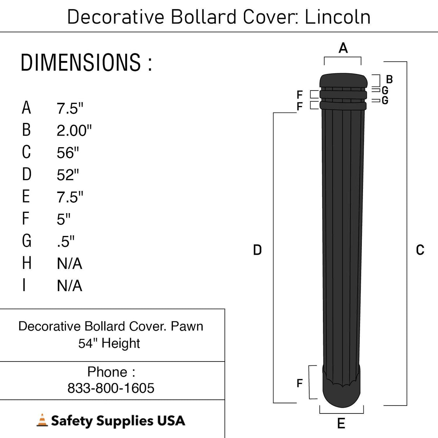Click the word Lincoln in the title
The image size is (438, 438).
coord(337,17)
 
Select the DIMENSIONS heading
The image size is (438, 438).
coord(86,62)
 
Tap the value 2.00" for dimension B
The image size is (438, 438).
coord(74,130)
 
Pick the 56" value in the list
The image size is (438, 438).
coord(67,153)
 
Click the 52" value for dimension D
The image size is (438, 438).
coord(67,175)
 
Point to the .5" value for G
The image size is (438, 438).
coord(65,241)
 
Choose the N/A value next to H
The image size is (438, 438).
coord(69,264)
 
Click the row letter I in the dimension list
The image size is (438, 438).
coord(24,285)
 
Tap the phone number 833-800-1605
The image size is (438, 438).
coord(111,388)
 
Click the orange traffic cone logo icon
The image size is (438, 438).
coord(42,421)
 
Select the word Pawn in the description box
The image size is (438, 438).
coord(187,326)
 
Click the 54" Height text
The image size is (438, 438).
coord(109,343)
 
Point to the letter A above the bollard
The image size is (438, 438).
coord(343,48)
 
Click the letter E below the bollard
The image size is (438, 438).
coord(341,423)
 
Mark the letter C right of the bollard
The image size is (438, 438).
coord(420,250)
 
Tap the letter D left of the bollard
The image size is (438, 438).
coord(257,250)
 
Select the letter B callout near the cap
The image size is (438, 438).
coord(389,79)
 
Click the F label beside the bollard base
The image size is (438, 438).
coord(299,383)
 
